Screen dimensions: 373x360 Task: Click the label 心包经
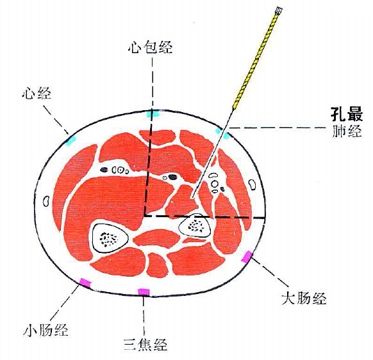(x=150, y=47)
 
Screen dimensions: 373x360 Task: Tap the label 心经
(x=36, y=94)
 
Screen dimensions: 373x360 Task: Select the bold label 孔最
(x=347, y=114)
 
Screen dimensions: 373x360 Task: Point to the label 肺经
(x=347, y=131)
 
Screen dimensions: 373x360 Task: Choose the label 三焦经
(x=145, y=344)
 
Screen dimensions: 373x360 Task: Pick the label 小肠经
(x=46, y=329)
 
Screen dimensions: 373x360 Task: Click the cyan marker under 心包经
(x=153, y=113)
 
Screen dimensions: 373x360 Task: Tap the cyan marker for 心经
(x=70, y=140)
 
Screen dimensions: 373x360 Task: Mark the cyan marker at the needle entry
(x=222, y=133)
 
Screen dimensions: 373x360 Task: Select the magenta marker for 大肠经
(x=247, y=257)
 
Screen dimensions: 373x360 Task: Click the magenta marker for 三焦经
(x=144, y=291)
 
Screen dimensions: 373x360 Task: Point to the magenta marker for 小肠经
(x=85, y=282)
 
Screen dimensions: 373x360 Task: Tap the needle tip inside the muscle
(x=192, y=197)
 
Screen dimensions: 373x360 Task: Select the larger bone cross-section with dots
(x=110, y=238)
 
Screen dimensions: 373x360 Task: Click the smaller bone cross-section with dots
(x=195, y=225)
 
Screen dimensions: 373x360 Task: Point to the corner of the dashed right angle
(x=144, y=216)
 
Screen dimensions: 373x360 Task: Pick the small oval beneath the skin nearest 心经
(x=46, y=201)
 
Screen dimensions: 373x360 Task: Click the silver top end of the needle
(x=278, y=10)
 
